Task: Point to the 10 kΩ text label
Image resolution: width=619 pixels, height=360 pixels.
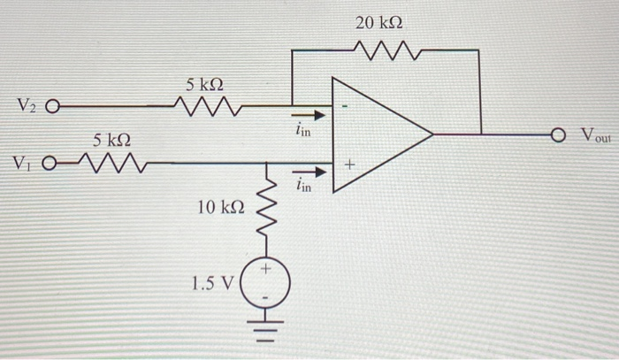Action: (220, 207)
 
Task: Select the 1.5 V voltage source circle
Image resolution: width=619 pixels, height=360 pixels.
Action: (266, 280)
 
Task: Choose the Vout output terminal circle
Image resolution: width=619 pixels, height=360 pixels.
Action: (557, 134)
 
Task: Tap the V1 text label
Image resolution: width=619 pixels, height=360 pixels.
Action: (21, 164)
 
